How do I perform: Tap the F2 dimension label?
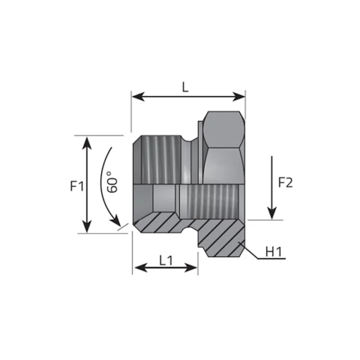285,182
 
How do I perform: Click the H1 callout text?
274,251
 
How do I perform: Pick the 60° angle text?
111,183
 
